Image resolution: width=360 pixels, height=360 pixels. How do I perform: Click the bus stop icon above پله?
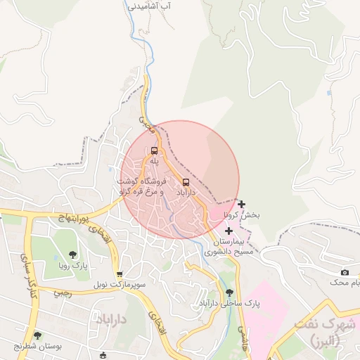coord(154,150)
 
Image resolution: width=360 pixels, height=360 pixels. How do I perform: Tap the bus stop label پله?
coord(154,161)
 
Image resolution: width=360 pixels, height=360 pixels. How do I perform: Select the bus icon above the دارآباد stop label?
coord(186,180)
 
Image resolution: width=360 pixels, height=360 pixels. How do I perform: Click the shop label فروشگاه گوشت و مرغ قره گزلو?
coord(140,186)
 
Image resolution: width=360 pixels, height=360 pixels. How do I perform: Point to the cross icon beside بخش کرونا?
coord(242,204)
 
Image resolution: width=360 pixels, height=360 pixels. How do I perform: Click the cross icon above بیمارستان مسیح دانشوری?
coord(229,230)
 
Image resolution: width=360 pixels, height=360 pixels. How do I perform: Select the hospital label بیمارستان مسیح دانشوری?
coord(229,245)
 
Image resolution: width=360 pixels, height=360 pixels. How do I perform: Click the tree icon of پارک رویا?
coord(72,255)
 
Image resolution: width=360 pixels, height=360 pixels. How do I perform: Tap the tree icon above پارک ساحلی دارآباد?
coord(229,292)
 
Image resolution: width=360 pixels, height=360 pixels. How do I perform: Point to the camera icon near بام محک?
coord(345,272)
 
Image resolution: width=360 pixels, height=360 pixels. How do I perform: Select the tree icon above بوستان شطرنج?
coord(37,335)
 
